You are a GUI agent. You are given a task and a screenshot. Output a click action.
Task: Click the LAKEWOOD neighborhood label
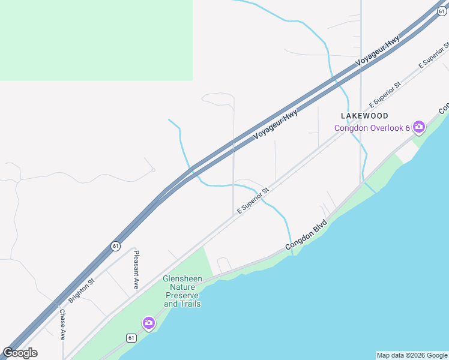tap(364, 115)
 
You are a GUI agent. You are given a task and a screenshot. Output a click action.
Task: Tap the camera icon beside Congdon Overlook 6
tap(418, 127)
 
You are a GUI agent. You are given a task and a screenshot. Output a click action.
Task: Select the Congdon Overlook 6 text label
tap(372, 127)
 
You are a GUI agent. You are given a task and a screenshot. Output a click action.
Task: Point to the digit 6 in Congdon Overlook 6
tap(407, 127)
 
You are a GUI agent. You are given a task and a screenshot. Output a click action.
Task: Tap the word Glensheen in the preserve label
tap(182, 279)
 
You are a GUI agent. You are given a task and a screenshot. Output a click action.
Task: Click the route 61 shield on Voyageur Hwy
tap(115, 245)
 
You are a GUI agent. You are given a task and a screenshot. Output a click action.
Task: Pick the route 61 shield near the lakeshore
tap(131, 338)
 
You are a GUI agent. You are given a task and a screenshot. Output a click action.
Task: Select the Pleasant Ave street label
tap(136, 269)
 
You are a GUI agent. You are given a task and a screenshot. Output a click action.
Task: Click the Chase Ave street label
tap(62, 325)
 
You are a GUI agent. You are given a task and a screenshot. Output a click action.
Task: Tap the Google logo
tap(20, 353)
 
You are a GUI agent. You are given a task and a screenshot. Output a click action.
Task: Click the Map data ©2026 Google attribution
tap(412, 355)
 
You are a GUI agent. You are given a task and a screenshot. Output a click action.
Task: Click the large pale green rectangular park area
tap(96, 40)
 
